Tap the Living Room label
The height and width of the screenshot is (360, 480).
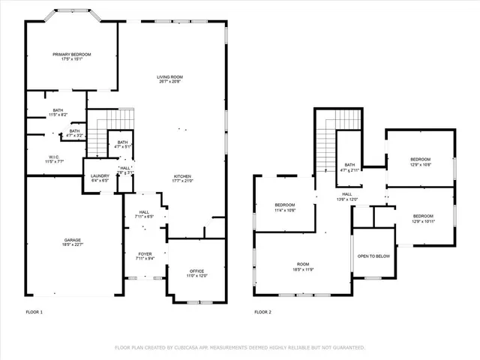171,79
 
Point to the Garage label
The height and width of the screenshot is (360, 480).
73,242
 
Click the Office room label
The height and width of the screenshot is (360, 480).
196,273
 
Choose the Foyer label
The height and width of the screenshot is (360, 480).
145,256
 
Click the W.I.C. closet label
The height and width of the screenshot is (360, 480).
55,159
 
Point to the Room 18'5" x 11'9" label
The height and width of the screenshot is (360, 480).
303,266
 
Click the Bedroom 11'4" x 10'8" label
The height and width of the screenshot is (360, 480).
285,208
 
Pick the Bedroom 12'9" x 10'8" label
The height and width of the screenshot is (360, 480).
420,161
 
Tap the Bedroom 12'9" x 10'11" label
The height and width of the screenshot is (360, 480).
421,218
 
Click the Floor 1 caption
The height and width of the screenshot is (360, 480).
34,311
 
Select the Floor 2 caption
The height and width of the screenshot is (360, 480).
262,311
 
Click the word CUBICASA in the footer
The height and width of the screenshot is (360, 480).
190,348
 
